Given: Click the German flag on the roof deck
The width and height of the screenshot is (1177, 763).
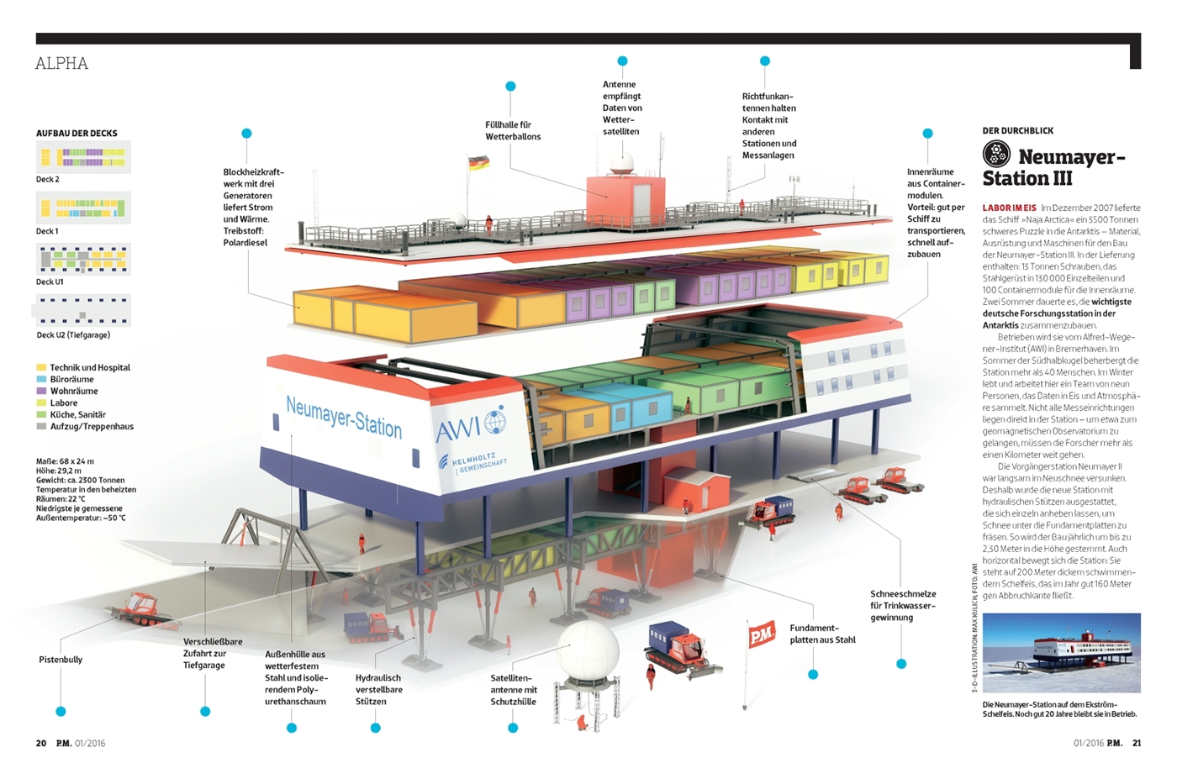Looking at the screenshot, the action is click(x=478, y=162).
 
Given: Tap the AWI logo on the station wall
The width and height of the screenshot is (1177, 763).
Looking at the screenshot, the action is click(x=472, y=425).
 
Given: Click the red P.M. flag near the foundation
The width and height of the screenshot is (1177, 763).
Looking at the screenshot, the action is click(x=761, y=635).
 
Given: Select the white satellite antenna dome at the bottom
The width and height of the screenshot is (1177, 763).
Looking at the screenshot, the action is click(x=589, y=652).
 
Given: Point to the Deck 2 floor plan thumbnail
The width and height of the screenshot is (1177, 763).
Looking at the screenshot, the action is click(x=83, y=157).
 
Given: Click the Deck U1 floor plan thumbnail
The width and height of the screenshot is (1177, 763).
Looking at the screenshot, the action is click(x=83, y=260).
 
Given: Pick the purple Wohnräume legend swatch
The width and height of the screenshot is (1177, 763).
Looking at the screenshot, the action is click(x=41, y=391).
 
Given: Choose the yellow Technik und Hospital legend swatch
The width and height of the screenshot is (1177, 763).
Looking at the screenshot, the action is click(x=41, y=367).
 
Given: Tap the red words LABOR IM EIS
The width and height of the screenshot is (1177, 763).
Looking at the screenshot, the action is click(x=1010, y=208).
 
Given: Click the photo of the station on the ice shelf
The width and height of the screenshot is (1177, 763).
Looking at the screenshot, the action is click(x=1061, y=652).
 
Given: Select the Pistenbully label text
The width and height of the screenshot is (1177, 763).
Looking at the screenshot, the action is click(x=61, y=660).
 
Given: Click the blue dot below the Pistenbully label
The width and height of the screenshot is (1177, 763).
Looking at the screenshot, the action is click(x=61, y=712).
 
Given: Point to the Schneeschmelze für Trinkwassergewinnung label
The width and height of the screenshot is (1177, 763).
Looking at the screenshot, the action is click(x=903, y=605).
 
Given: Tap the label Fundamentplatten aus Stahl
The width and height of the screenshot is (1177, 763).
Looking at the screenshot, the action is click(x=822, y=634).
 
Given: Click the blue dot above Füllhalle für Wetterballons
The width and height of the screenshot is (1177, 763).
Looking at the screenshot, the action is click(x=510, y=87).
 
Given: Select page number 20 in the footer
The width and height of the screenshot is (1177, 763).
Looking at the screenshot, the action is click(x=41, y=743).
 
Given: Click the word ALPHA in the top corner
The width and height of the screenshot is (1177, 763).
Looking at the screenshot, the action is click(x=61, y=64).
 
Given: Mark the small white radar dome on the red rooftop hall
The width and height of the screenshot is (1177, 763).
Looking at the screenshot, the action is click(x=622, y=164).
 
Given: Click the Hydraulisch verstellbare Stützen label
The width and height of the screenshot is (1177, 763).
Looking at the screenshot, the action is click(x=378, y=689).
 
